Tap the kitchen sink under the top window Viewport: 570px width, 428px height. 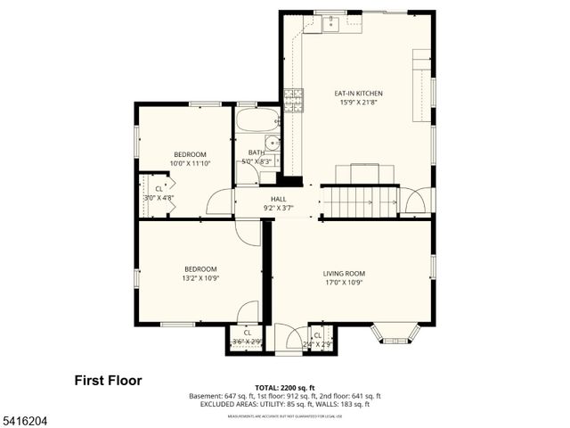pyautogui.click(x=330, y=23)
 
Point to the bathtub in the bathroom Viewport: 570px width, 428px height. pyautogui.click(x=257, y=119)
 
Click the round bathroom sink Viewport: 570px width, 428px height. pyautogui.click(x=272, y=143)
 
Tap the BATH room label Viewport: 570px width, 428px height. pyautogui.click(x=256, y=152)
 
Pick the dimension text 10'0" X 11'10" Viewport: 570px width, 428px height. pyautogui.click(x=190, y=163)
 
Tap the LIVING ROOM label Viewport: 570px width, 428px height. pyautogui.click(x=344, y=274)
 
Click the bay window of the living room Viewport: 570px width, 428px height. pyautogui.click(x=395, y=334)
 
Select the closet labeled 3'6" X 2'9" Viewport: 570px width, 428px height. pyautogui.click(x=247, y=338)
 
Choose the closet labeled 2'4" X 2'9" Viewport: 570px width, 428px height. pyautogui.click(x=319, y=338)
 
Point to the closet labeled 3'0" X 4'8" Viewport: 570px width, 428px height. pyautogui.click(x=159, y=193)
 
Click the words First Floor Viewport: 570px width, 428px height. pyautogui.click(x=107, y=381)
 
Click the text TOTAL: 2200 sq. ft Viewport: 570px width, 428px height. pyautogui.click(x=284, y=388)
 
